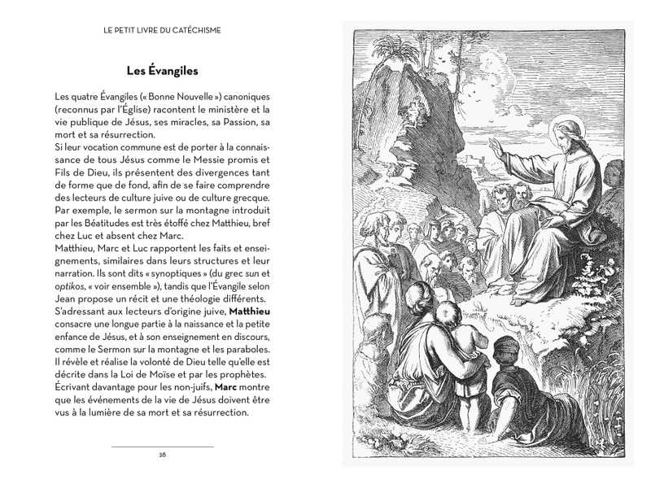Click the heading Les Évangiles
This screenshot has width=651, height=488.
tap(163, 71)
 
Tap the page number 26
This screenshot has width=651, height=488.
tap(163, 454)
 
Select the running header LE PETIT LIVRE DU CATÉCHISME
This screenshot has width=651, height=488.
tap(163, 30)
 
